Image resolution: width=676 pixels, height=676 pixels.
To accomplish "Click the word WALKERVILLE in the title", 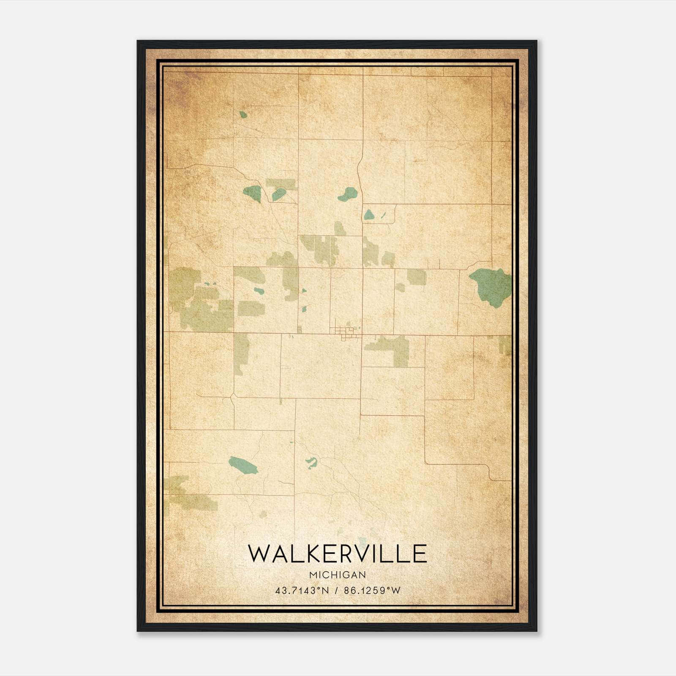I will [337, 554].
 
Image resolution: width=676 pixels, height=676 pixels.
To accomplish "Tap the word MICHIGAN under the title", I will [338, 575].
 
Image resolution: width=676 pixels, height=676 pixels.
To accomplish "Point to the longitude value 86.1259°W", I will [372, 591].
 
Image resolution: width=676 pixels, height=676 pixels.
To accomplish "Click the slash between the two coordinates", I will [336, 591].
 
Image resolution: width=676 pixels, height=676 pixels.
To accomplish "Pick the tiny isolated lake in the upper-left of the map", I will [243, 114].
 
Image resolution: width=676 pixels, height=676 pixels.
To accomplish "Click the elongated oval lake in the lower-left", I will [243, 464].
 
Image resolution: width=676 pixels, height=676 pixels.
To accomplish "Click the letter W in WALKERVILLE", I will [259, 554].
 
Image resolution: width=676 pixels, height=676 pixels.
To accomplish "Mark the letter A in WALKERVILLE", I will [279, 554].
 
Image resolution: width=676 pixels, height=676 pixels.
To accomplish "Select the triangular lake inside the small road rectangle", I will [369, 215].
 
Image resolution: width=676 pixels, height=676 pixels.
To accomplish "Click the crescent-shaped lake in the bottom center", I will [312, 463].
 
